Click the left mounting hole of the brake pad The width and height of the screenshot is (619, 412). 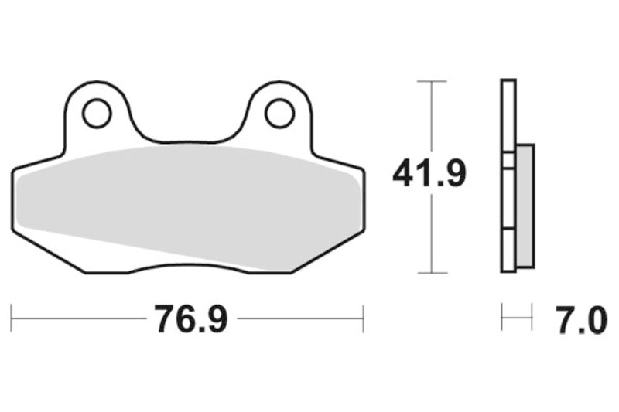(x=97, y=114)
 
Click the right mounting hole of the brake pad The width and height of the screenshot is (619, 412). (x=279, y=114)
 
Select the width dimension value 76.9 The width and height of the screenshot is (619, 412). (x=190, y=318)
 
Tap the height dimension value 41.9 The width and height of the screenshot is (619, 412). (x=429, y=173)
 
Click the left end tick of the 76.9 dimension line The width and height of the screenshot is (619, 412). (x=12, y=318)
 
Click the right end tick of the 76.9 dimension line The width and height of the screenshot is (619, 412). (x=363, y=318)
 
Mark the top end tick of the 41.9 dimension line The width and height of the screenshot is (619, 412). (x=431, y=81)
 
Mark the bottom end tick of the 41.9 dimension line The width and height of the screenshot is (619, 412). (x=431, y=273)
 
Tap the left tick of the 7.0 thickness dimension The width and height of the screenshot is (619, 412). (x=502, y=317)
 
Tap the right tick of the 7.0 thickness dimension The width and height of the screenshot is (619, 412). (x=532, y=317)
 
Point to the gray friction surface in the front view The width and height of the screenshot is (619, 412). (x=186, y=201)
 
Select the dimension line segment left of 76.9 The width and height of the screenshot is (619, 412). (x=77, y=318)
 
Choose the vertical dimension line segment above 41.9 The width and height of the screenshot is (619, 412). (x=431, y=116)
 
